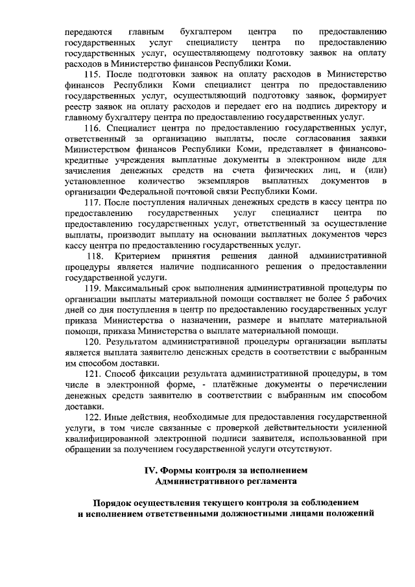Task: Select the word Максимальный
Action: point(141,287)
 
